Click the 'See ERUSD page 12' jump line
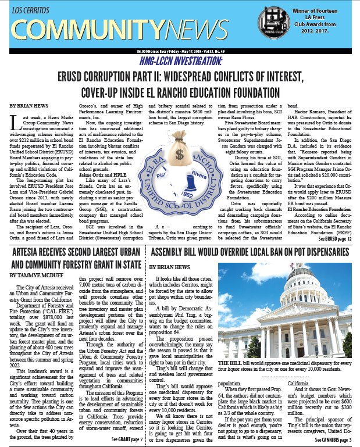pyautogui.click(x=334, y=239)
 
